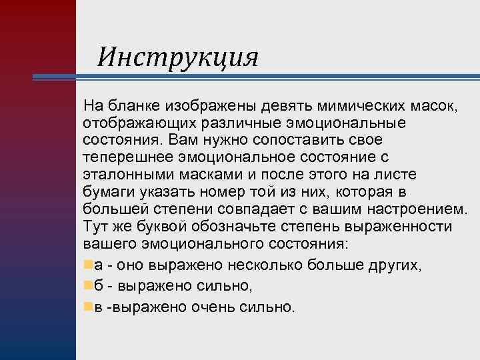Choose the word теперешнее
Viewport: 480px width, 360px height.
(x=128, y=159)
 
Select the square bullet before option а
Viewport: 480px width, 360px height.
(x=89, y=264)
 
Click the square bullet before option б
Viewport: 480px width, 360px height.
(x=89, y=285)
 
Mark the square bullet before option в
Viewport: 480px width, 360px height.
(x=89, y=307)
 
